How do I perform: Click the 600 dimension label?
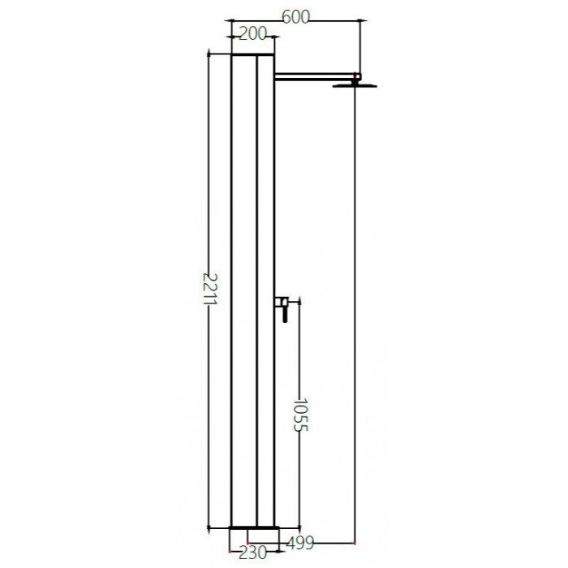click(x=296, y=17)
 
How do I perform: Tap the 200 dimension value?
click(x=253, y=34)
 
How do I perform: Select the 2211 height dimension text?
click(x=209, y=290)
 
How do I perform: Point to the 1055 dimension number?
click(x=300, y=415)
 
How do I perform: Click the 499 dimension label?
click(x=300, y=543)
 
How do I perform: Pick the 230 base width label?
click(x=252, y=553)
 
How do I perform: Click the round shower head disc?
click(x=355, y=85)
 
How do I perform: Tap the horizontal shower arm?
click(x=314, y=75)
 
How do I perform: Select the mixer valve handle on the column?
click(x=282, y=309)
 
